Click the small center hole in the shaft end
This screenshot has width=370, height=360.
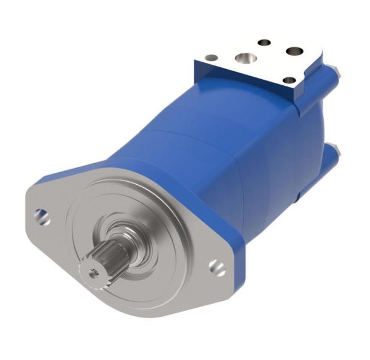(92, 272)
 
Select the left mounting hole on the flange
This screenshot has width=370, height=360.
(41, 214)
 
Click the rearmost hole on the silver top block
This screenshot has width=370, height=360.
(264, 43)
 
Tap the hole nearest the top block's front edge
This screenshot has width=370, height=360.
(288, 79)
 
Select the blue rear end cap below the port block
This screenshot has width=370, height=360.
(312, 120)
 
